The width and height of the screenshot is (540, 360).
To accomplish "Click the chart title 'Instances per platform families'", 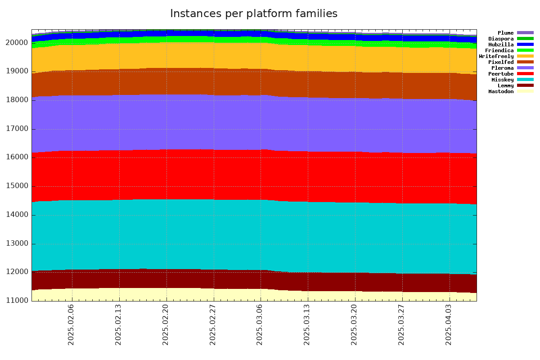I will tap(253, 13).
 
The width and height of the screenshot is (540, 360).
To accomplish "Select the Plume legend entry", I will tap(505, 33).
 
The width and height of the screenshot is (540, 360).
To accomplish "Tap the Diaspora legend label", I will tap(501, 39).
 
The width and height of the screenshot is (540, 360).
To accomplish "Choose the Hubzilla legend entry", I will tap(501, 45).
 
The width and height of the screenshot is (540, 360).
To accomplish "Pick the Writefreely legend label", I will tap(496, 56).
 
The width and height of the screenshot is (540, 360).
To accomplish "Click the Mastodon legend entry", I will tap(501, 91).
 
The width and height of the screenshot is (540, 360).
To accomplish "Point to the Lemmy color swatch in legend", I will tap(525, 85).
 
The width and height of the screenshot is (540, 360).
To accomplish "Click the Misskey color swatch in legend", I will tap(525, 80).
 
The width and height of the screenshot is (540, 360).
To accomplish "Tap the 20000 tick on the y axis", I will tap(17, 43).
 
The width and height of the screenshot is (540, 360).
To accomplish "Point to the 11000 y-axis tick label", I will tap(17, 301).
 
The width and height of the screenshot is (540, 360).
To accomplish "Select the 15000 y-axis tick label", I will tap(17, 186).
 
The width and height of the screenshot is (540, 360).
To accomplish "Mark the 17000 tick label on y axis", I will tap(17, 129).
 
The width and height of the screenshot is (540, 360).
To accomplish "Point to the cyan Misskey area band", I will tap(252, 234).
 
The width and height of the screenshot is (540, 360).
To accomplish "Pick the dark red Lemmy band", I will tap(252, 279).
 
